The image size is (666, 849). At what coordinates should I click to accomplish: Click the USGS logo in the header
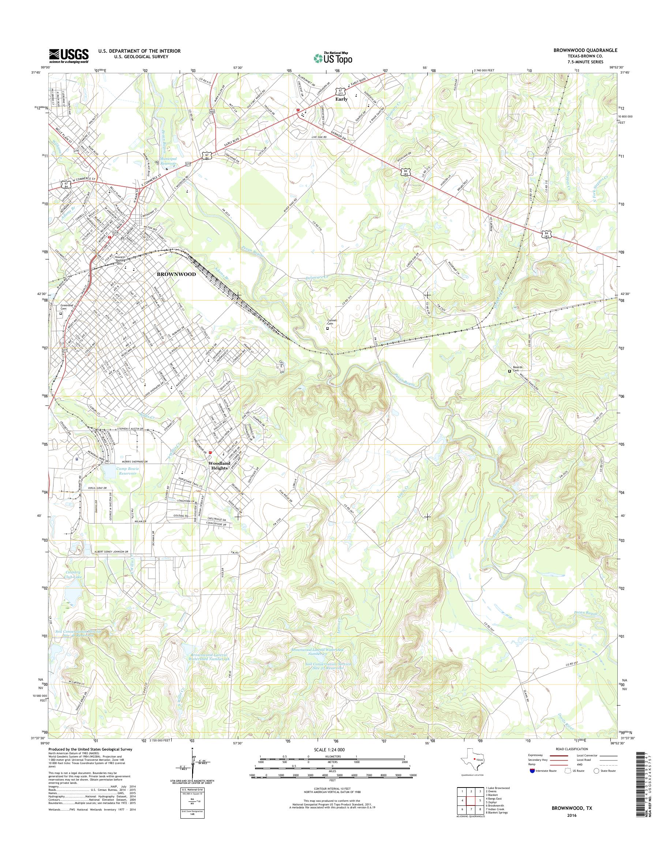(69, 55)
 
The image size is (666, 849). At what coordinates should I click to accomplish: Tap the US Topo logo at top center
(333, 58)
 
